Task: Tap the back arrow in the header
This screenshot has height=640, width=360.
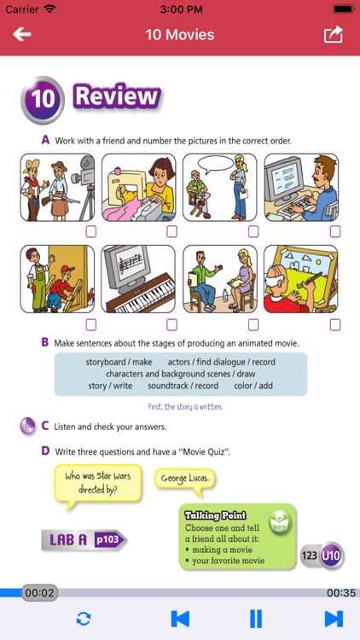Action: (21, 34)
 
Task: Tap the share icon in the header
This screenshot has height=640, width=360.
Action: (334, 34)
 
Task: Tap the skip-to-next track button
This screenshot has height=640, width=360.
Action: (334, 619)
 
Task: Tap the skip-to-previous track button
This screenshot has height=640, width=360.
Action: (180, 619)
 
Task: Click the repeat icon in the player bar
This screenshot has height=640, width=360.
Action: (84, 620)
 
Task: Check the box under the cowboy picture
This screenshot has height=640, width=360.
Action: (91, 231)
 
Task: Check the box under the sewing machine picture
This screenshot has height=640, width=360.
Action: (171, 231)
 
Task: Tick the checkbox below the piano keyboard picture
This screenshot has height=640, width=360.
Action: (171, 324)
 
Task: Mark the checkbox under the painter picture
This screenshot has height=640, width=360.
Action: (335, 324)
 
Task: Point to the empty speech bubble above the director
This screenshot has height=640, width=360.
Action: (215, 165)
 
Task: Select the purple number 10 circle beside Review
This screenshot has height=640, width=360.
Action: (43, 100)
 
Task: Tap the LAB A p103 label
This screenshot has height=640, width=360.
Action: (84, 540)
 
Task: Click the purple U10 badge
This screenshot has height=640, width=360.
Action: (331, 556)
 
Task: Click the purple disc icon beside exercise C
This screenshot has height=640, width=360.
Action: (28, 427)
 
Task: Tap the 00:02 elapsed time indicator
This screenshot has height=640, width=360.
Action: (39, 593)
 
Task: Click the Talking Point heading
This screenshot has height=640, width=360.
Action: (215, 515)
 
